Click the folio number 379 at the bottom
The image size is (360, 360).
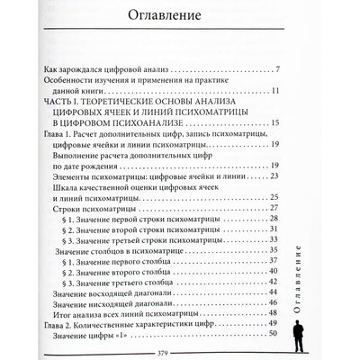pos(180,352)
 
